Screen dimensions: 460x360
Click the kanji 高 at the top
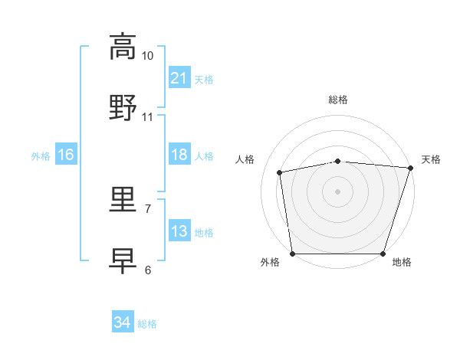point(123,47)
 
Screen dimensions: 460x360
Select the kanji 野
point(123,107)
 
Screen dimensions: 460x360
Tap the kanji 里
point(123,199)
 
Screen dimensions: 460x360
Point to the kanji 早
point(123,261)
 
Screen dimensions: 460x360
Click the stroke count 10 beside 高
point(147,56)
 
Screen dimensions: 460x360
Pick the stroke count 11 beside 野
point(147,117)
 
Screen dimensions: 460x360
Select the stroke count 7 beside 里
point(148,209)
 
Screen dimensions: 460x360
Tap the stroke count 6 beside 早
point(148,270)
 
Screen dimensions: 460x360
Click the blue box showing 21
point(179,77)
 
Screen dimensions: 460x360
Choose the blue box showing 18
point(179,154)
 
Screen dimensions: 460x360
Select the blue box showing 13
point(179,230)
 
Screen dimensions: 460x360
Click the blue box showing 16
point(66,154)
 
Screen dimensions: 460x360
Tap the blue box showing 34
point(123,321)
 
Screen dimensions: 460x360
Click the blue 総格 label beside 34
point(147,324)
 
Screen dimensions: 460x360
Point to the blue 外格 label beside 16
point(41,156)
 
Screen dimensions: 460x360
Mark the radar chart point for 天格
point(411,168)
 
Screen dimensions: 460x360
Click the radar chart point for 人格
point(279,172)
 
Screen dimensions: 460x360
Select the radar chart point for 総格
point(338,162)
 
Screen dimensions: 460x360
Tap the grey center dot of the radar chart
point(337,191)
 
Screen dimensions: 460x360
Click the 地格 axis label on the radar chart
point(402,262)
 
